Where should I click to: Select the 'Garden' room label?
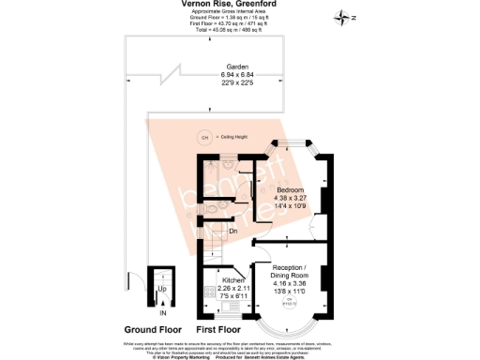tap(209, 67)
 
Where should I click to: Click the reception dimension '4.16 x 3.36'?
tap(289, 284)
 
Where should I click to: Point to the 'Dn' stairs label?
tap(232, 231)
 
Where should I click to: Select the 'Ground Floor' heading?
tap(153, 330)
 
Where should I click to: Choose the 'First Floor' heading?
tap(218, 330)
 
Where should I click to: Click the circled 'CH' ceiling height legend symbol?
tap(204, 137)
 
